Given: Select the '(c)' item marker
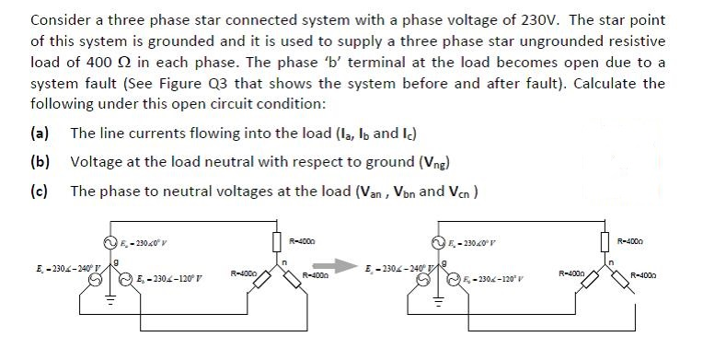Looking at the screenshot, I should tap(41, 191).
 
